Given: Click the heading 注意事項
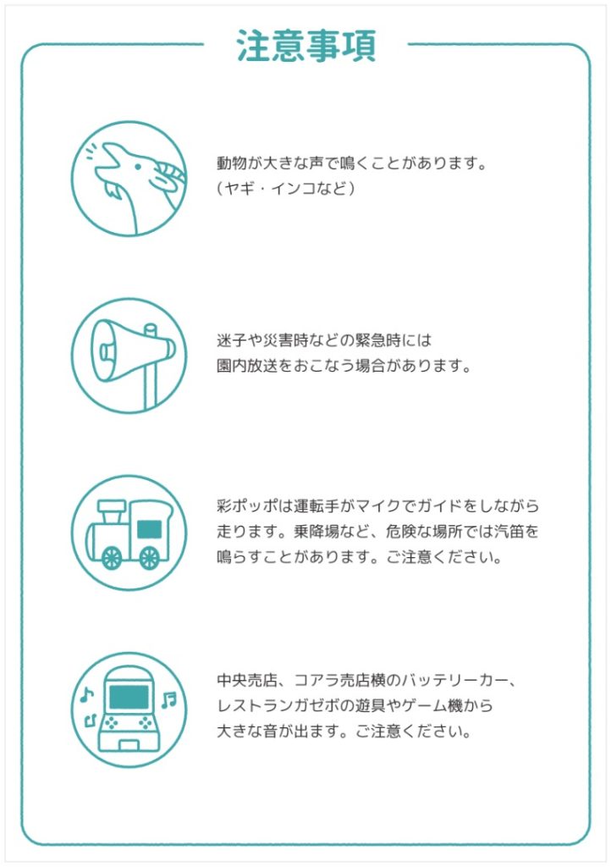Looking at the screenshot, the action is point(306,46).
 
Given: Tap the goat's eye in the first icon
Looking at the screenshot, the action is point(138,167).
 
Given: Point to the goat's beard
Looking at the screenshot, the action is point(113,191).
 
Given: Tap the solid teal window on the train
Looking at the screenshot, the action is point(149,529).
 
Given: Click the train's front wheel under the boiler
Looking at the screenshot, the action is point(113,557).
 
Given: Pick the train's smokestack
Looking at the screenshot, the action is point(112,511).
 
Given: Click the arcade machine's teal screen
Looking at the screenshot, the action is point(129,698).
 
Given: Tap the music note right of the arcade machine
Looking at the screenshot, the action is point(169,699).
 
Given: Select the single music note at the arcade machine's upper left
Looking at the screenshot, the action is point(86,695).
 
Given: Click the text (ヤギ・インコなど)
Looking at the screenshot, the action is point(285,189).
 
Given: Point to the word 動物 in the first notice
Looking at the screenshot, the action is point(232,163).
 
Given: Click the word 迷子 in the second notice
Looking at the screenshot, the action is point(232,340).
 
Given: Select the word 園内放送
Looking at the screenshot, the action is point(247,366).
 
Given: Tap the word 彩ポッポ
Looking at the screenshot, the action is point(247,506).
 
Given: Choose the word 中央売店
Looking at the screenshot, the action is point(247,680).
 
